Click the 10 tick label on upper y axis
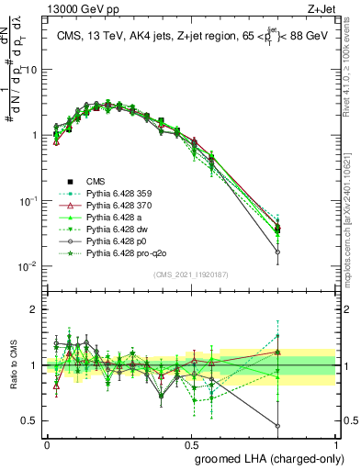[x=31, y=70]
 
